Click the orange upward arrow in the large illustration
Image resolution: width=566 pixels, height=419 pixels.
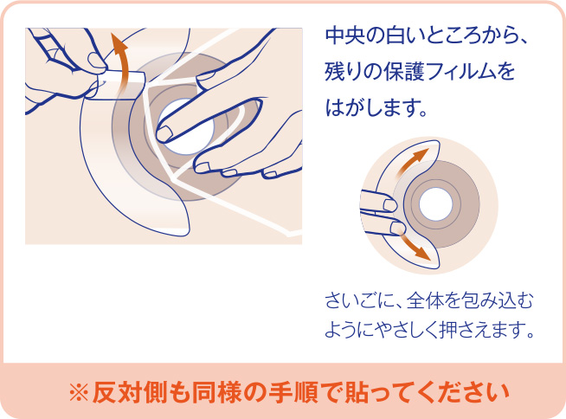pyautogui.click(x=123, y=60)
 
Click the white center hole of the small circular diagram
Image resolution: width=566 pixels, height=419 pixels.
pyautogui.click(x=436, y=204)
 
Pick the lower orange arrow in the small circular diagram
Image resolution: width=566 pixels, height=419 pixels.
pyautogui.click(x=415, y=246)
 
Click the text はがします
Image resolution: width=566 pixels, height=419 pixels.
pyautogui.click(x=376, y=107)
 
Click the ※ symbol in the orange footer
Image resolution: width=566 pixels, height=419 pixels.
pyautogui.click(x=79, y=393)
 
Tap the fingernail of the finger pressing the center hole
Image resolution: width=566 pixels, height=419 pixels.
pyautogui.click(x=164, y=133)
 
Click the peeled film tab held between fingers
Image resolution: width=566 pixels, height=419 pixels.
pyautogui.click(x=119, y=85)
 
